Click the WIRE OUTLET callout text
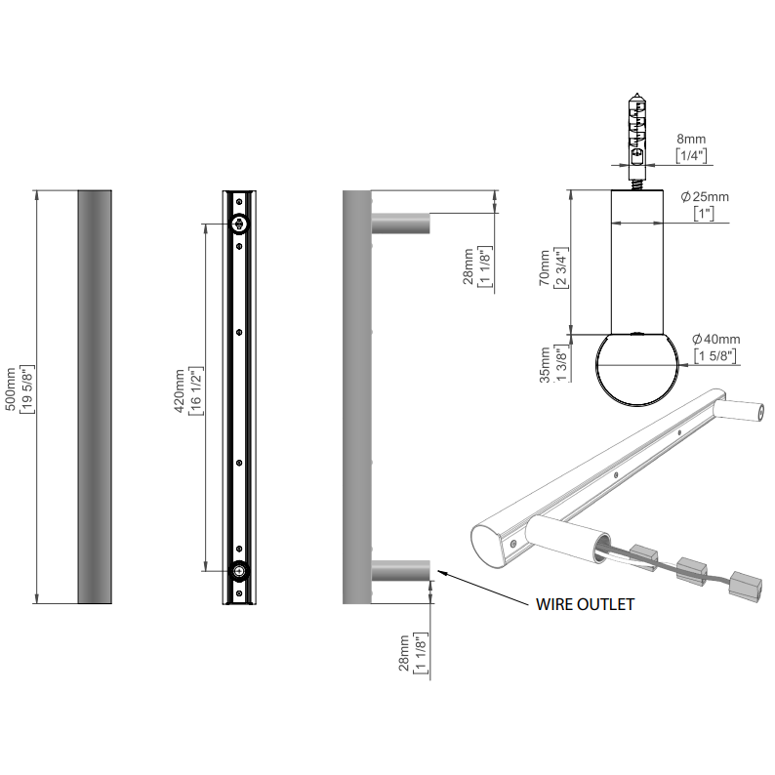pos(585,604)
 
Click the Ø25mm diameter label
pos(704,197)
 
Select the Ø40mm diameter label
pos(716,339)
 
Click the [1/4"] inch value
pos(694,156)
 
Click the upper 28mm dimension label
pos(468,265)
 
